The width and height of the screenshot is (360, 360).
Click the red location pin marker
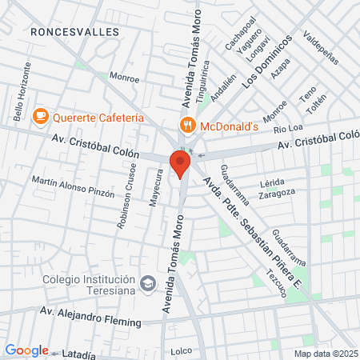(x=180, y=162)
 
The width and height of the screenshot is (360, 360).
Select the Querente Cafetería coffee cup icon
(x=40, y=117)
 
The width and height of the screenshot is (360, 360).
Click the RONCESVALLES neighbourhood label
(x=74, y=31)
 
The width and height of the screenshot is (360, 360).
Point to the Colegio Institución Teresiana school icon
(x=147, y=283)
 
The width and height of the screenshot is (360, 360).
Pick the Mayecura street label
(x=158, y=189)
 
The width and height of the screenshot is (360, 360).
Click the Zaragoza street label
(x=278, y=192)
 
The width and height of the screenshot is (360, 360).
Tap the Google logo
(x=26, y=350)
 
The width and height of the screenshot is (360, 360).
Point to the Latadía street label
(x=76, y=353)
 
